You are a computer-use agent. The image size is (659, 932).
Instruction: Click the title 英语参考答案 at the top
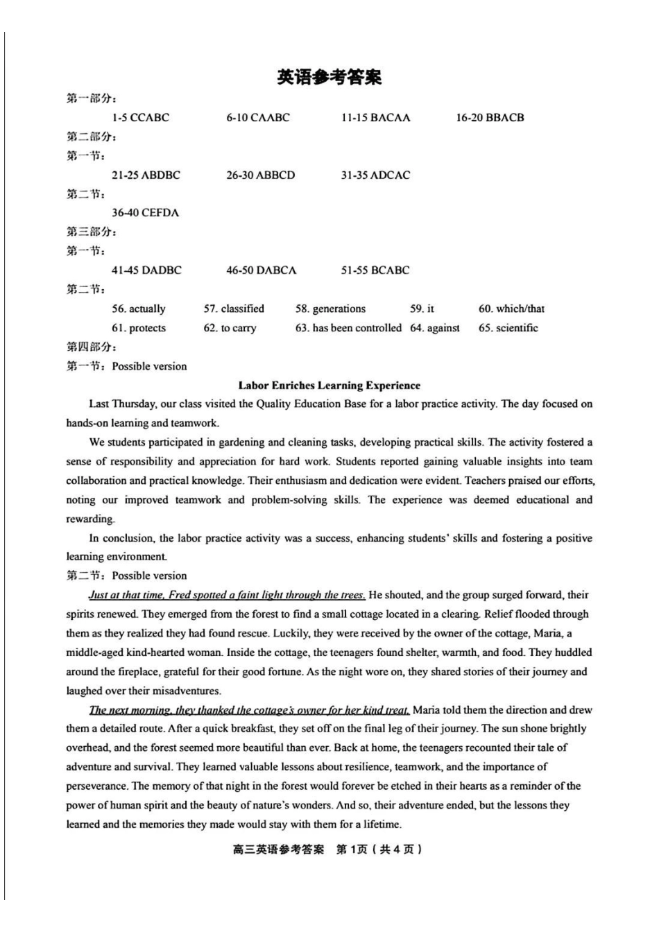tap(329, 78)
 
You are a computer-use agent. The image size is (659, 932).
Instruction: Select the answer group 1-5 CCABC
tap(140, 118)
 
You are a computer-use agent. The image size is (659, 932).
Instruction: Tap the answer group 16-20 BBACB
tap(490, 118)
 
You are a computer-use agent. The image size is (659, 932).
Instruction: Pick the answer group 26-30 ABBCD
tap(260, 175)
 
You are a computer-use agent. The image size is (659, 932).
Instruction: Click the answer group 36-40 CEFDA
tap(145, 213)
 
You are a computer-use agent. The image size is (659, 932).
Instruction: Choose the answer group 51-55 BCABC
tap(375, 270)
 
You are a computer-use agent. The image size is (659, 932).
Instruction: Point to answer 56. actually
tap(139, 309)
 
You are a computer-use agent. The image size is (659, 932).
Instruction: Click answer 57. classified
tap(234, 309)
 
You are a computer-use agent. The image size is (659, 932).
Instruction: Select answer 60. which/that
tap(511, 309)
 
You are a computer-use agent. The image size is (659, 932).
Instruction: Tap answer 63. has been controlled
tap(348, 328)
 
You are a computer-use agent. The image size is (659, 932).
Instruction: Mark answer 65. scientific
tap(508, 328)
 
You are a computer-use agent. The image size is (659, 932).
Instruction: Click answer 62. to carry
tap(230, 328)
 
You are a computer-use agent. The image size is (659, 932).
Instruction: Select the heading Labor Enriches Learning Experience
tap(329, 386)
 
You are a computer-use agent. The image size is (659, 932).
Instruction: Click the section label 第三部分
tap(91, 232)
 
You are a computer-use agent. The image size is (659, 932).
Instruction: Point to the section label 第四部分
tap(91, 347)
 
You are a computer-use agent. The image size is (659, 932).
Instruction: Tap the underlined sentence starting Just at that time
tap(227, 595)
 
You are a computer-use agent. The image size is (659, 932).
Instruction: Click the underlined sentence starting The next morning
tap(249, 710)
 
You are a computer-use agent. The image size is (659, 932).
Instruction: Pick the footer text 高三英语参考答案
tap(278, 849)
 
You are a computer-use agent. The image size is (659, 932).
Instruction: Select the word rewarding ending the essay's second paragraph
tap(90, 519)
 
